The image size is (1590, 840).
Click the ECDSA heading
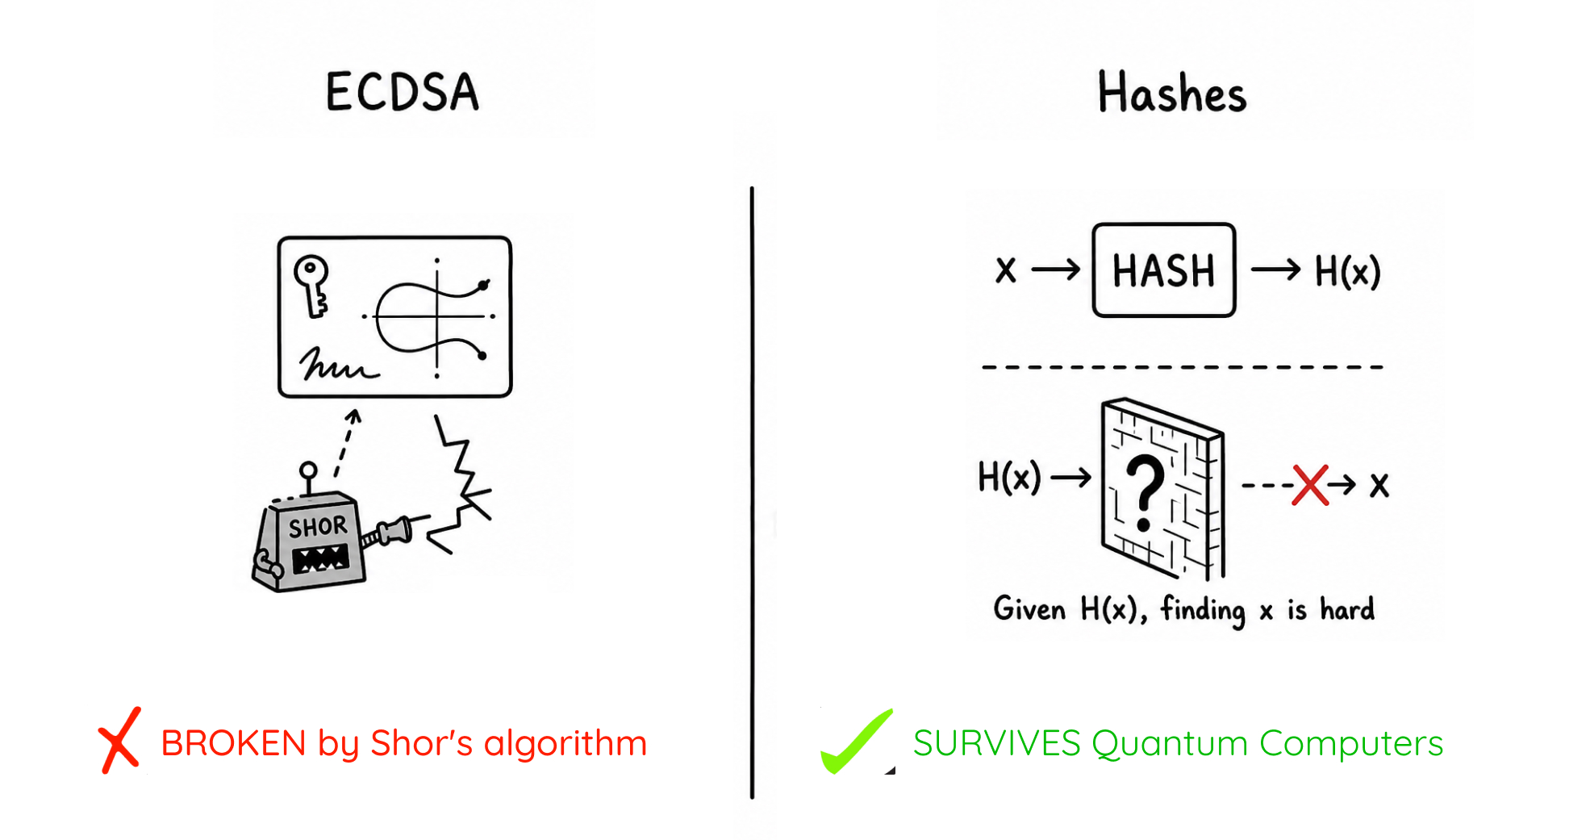(402, 91)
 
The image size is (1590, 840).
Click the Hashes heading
(1171, 92)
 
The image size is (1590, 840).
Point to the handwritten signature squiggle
(337, 365)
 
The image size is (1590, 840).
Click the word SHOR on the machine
(318, 527)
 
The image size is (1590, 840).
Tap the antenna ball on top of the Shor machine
(308, 470)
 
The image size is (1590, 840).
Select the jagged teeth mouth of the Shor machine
(320, 558)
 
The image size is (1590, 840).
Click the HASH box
(1163, 270)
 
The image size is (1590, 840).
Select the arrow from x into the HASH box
(1056, 270)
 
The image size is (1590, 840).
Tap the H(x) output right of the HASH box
(1347, 271)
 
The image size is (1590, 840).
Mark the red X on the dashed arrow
(1310, 485)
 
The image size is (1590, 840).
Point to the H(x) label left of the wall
(1009, 477)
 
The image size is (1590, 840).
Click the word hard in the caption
(1347, 609)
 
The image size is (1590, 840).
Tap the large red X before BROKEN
(120, 740)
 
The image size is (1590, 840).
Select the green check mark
(857, 742)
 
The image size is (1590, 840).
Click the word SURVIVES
(996, 743)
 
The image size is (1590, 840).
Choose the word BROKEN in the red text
(233, 743)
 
